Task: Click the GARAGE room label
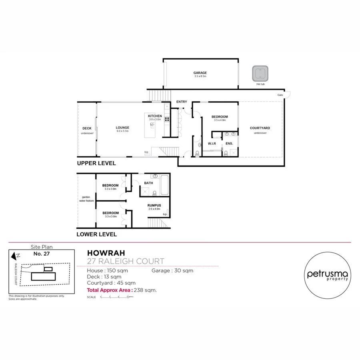point(200,73)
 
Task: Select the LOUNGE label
point(123,128)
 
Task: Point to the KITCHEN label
point(155,116)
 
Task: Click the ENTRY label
point(182,102)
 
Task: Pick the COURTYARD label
point(260,128)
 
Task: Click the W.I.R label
point(212,143)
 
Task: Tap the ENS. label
point(229,143)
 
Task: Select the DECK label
point(87,128)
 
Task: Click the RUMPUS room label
point(154,205)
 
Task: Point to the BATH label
point(149,183)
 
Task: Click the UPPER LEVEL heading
point(96,163)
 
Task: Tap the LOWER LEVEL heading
point(97,234)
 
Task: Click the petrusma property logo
point(328,275)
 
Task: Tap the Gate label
point(280,95)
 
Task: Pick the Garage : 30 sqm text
point(172,270)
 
